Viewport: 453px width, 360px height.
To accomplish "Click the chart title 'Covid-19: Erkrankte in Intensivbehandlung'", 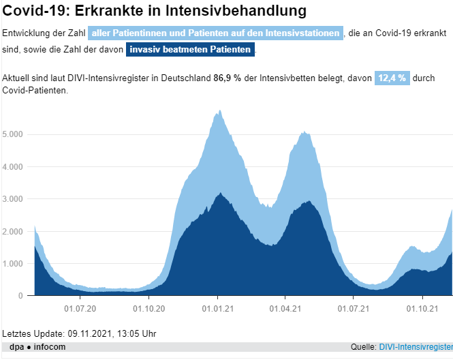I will (154, 11).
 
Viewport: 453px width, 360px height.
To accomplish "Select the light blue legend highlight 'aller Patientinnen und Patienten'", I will (215, 33).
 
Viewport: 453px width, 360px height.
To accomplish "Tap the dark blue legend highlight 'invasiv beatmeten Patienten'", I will (191, 50).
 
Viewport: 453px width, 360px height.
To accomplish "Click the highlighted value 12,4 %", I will (392, 78).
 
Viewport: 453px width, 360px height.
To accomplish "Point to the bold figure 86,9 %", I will (228, 78).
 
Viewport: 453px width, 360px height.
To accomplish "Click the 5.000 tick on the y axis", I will (13, 134).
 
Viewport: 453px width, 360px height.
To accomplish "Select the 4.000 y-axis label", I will (13, 166).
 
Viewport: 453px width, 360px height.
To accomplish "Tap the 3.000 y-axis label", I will (13, 199).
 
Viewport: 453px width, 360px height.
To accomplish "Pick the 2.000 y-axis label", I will (13, 232).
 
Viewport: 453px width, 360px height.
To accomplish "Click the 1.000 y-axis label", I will (13, 264).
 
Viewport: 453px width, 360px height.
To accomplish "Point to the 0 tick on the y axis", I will (21, 296).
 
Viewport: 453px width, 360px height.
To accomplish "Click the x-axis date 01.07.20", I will (80, 309).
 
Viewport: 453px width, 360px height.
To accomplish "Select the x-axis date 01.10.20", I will (149, 309).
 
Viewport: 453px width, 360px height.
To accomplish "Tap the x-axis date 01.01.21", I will (217, 309).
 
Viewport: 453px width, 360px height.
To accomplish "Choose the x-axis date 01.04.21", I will (285, 309).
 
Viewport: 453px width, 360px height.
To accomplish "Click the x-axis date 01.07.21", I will (354, 309).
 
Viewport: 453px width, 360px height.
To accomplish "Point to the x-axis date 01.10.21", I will (422, 309).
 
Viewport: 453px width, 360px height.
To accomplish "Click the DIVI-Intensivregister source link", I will (416, 347).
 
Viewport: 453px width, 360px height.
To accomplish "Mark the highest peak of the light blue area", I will (219, 110).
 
